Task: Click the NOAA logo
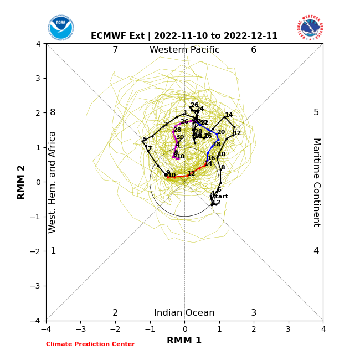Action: [60, 28]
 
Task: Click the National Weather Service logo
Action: [310, 28]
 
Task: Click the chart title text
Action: [184, 36]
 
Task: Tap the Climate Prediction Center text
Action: [90, 344]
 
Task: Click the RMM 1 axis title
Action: [184, 341]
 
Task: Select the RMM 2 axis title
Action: [22, 182]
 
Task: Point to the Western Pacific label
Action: [184, 50]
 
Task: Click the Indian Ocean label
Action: [184, 313]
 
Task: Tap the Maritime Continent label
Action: [316, 182]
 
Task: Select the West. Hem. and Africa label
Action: [53, 182]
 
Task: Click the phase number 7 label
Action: [115, 50]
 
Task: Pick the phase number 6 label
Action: [254, 50]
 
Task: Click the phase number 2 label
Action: [115, 313]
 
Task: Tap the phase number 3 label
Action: [254, 313]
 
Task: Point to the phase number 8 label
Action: [53, 112]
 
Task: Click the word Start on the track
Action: [220, 197]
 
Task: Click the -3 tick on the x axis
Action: [80, 329]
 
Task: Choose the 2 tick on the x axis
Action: [254, 329]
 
